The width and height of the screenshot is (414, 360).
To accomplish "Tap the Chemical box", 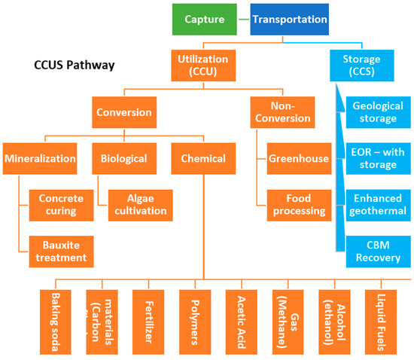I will click(x=203, y=159).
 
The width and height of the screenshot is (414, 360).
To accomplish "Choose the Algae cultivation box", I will click(x=141, y=203).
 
